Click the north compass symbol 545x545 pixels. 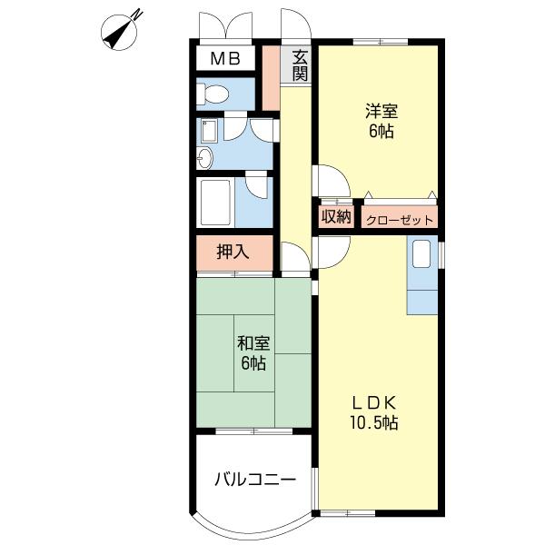[120, 32]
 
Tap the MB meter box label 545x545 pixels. [225, 59]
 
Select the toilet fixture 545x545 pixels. [213, 94]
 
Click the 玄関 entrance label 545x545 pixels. [300, 65]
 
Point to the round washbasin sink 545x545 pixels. [204, 158]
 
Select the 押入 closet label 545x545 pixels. [233, 252]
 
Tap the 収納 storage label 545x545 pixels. [336, 217]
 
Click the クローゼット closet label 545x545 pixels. [400, 220]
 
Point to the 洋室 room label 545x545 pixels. [381, 111]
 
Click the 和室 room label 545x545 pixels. [253, 343]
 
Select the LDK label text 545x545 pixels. [374, 403]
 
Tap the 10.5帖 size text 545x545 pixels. [374, 423]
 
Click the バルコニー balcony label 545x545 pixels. [255, 480]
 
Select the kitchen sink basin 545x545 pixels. [421, 254]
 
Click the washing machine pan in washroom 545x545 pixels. [207, 131]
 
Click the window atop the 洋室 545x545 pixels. [381, 42]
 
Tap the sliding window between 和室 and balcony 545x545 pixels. [254, 431]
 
